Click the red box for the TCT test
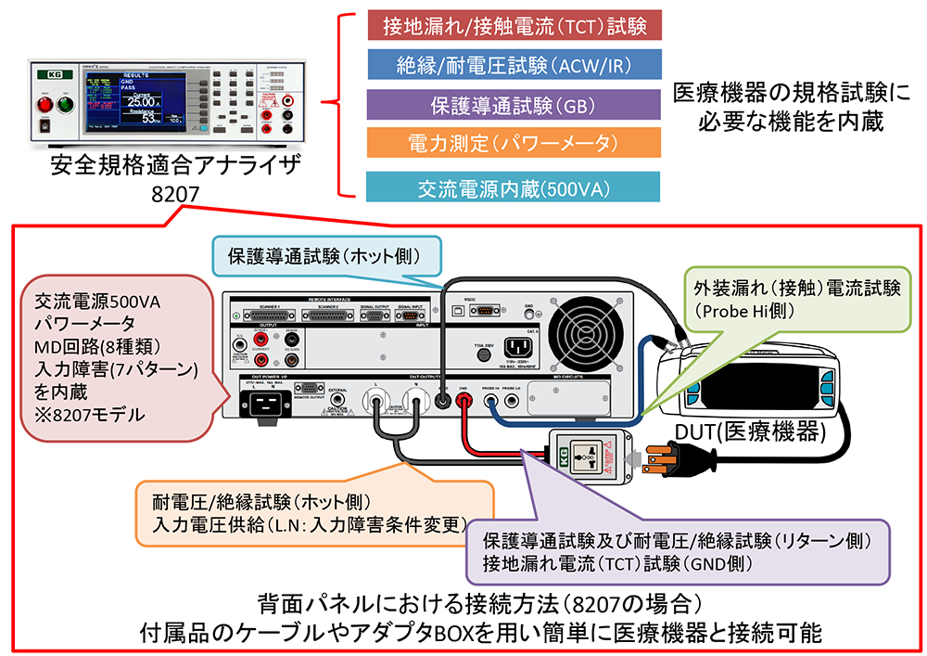pyautogui.click(x=514, y=24)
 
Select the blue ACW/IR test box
pyautogui.click(x=514, y=64)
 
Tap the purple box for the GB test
pyautogui.click(x=514, y=104)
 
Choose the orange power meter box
pyautogui.click(x=514, y=144)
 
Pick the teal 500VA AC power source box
pyautogui.click(x=514, y=186)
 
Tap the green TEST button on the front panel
pyautogui.click(x=65, y=104)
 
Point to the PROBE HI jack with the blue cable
pyautogui.click(x=488, y=401)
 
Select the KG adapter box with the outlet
pyautogui.click(x=590, y=457)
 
